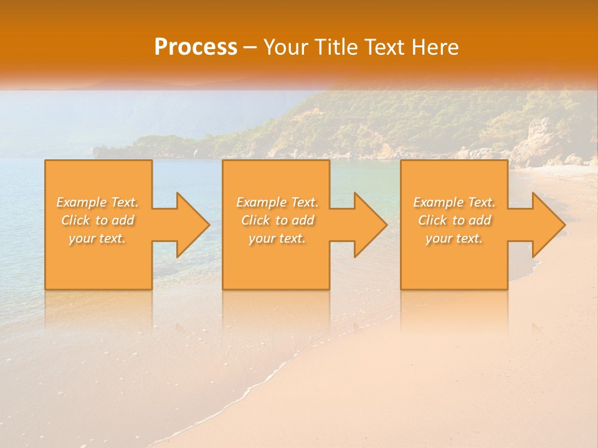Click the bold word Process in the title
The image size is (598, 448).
point(196,47)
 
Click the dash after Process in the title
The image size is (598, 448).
point(250,48)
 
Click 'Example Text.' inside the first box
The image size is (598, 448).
point(98,202)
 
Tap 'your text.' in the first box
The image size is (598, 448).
point(98,238)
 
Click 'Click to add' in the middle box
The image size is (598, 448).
point(277,220)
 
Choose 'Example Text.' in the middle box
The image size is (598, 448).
point(277,202)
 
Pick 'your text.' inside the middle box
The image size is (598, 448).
point(277,238)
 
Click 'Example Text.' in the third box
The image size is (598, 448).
point(454,202)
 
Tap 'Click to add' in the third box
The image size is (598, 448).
point(454,220)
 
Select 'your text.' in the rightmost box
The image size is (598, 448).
point(454,238)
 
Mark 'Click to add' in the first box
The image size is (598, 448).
point(98,220)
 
